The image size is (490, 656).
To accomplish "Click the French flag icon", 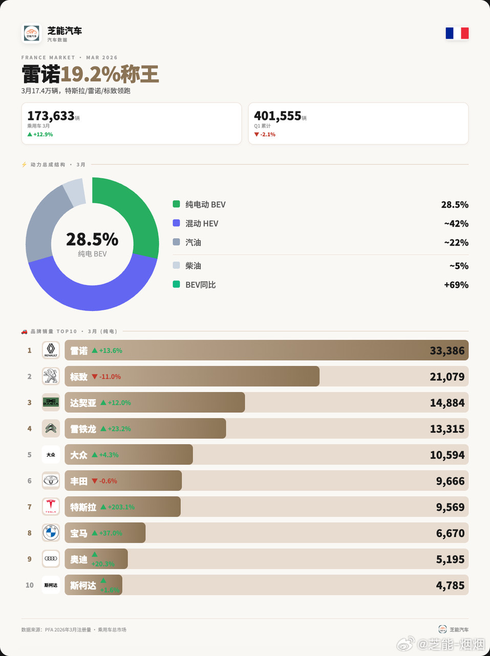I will pos(457,33).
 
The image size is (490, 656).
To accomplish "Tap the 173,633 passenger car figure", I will pos(51,116).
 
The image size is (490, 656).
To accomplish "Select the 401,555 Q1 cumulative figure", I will pos(277,116).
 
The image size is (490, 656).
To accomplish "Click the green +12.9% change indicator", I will pos(40,134).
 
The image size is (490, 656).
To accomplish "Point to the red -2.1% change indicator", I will pos(265,134).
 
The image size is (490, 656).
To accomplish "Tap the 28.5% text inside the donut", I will pos(92,239).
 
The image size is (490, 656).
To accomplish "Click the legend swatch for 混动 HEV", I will pos(176,223).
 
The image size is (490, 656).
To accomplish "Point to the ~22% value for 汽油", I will pos(456,242).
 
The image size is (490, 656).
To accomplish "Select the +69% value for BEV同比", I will pos(456,285).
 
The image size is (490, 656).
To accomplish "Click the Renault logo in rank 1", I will pos(51,350).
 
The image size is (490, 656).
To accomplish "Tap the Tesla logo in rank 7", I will pos(51,506).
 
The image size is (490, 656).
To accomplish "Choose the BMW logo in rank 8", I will pos(51,532).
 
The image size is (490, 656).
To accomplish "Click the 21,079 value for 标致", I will pos(447,377).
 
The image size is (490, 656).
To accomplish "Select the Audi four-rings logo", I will pos(51,559).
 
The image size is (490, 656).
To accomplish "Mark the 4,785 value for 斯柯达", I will pos(450,585).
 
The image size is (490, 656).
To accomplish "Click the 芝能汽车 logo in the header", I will pos(32,33).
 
